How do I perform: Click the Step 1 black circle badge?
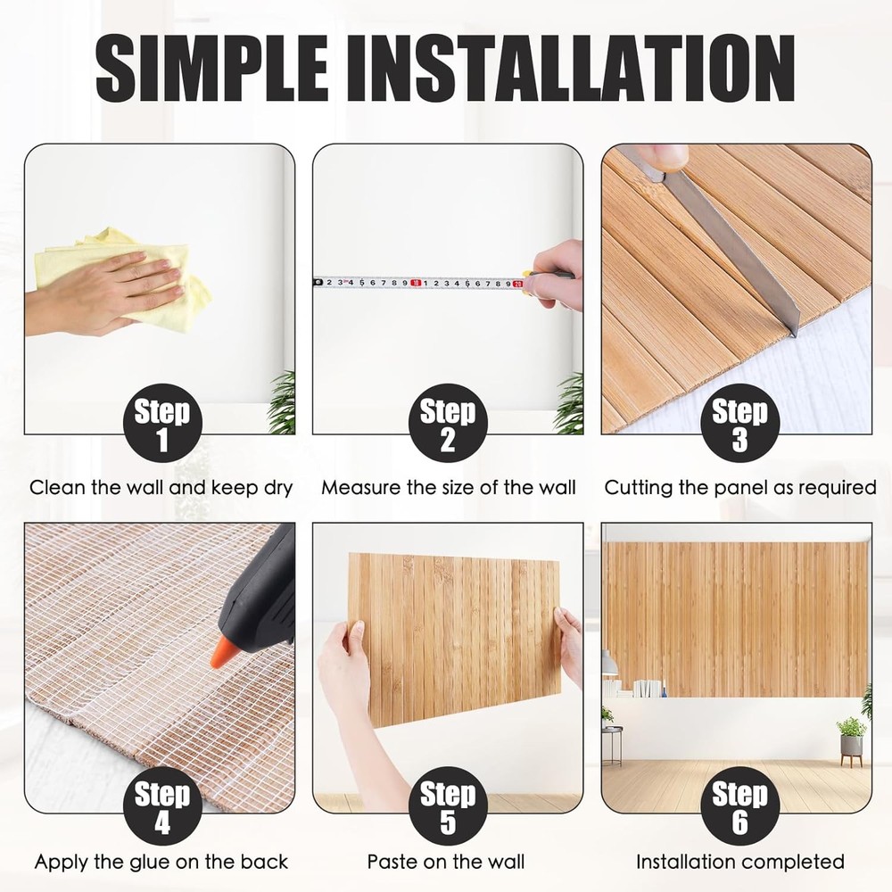[x=161, y=425]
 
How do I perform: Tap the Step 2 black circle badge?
[x=448, y=425]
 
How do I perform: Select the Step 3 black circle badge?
[x=739, y=425]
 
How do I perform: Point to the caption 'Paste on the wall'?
[x=446, y=862]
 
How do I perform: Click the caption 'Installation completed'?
[x=739, y=862]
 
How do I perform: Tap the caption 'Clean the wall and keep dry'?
[x=161, y=488]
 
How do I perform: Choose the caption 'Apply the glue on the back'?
[x=161, y=862]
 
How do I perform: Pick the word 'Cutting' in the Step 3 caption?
[x=636, y=488]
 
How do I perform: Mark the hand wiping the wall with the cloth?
[x=98, y=290]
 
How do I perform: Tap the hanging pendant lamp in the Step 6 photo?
[x=609, y=664]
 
